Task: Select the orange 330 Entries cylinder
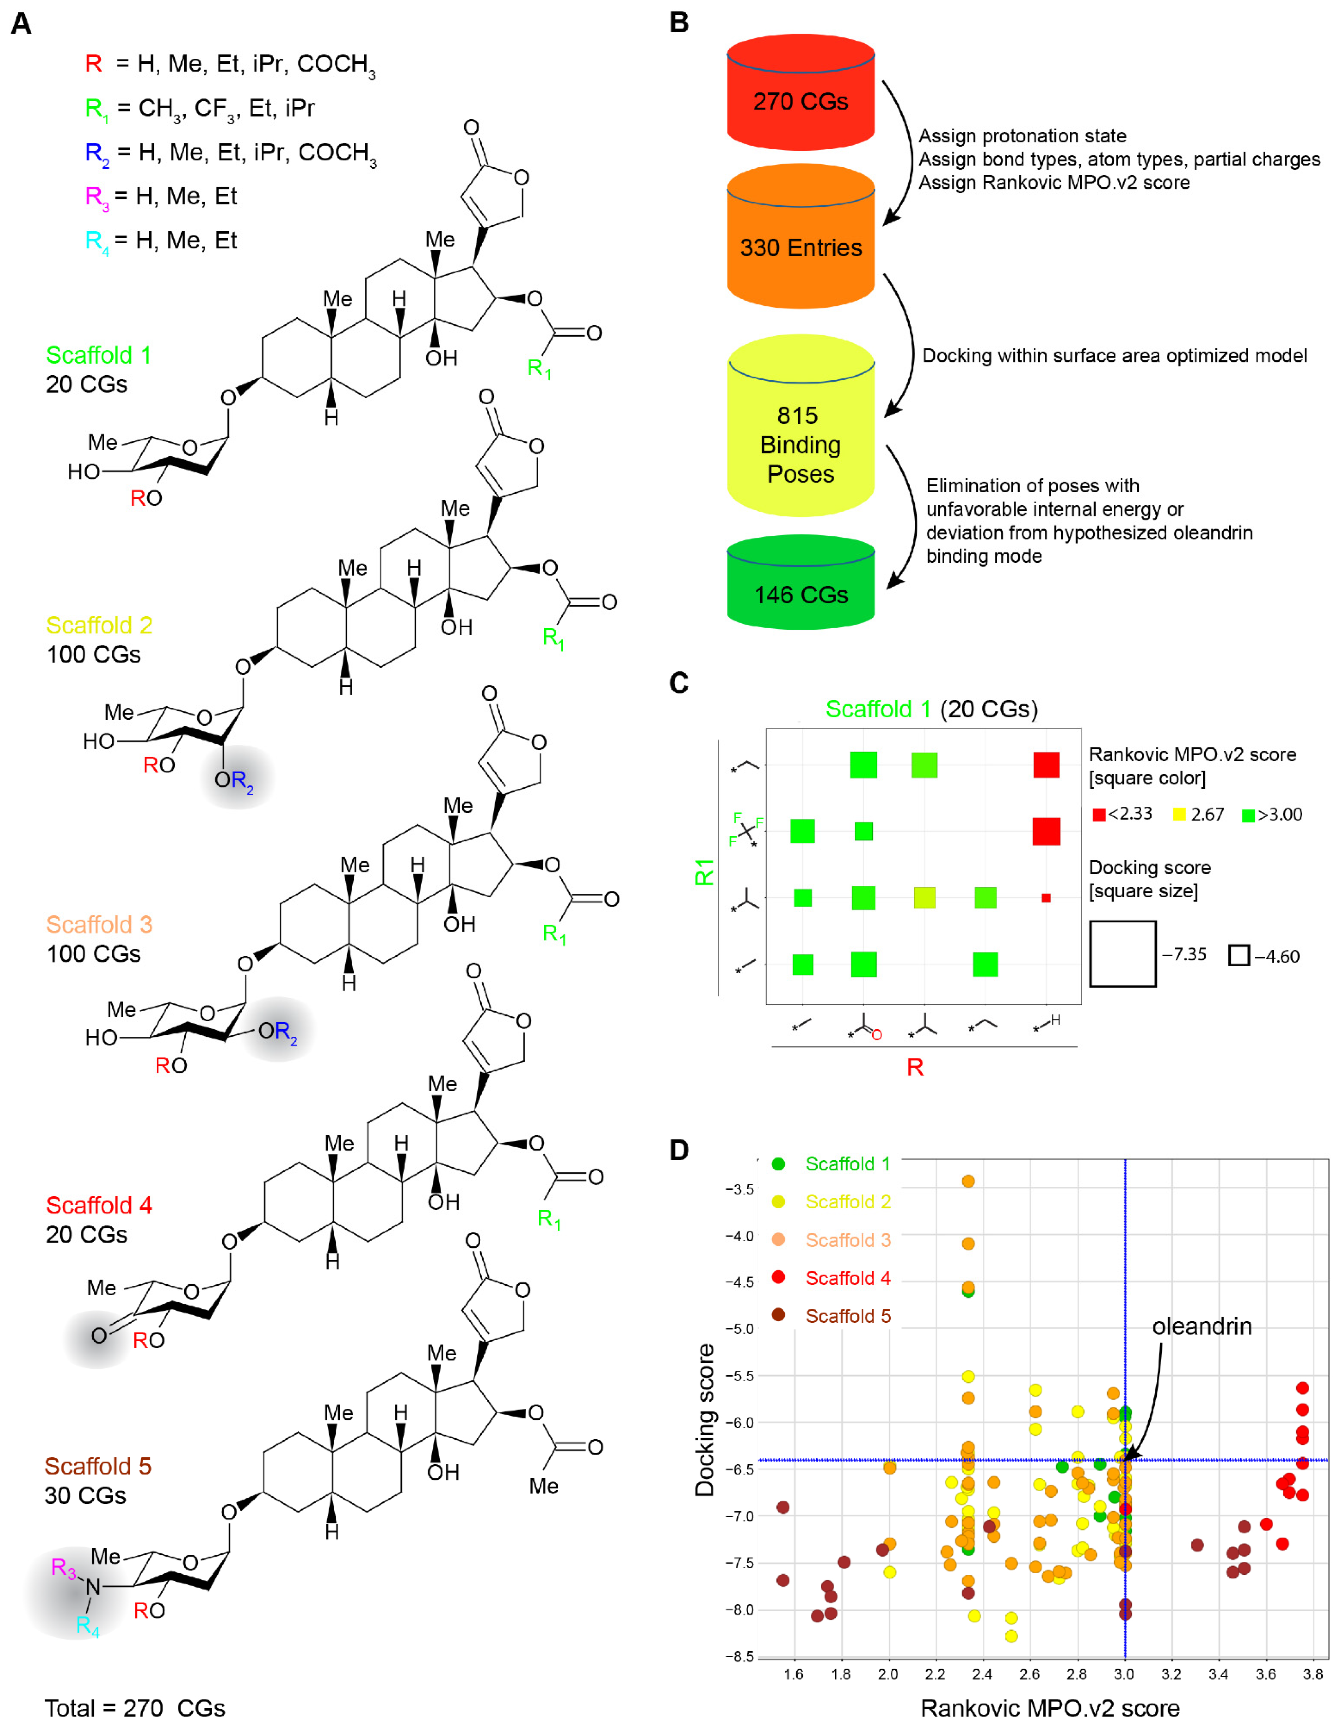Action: pyautogui.click(x=800, y=247)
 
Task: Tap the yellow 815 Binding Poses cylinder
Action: pyautogui.click(x=800, y=444)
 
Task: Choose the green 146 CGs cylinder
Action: pyautogui.click(x=800, y=594)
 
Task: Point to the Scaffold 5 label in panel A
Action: pyautogui.click(x=97, y=1466)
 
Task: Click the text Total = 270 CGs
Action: pyautogui.click(x=135, y=1708)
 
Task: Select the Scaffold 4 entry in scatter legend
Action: pyautogui.click(x=847, y=1278)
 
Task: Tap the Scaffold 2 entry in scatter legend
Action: pyautogui.click(x=847, y=1202)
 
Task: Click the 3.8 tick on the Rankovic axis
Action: pyautogui.click(x=1313, y=1674)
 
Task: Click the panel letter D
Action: pyautogui.click(x=678, y=1149)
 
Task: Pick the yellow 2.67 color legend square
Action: pyautogui.click(x=1179, y=814)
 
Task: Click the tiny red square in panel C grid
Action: pyautogui.click(x=1046, y=897)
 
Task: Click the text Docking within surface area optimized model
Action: pyautogui.click(x=1114, y=356)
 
